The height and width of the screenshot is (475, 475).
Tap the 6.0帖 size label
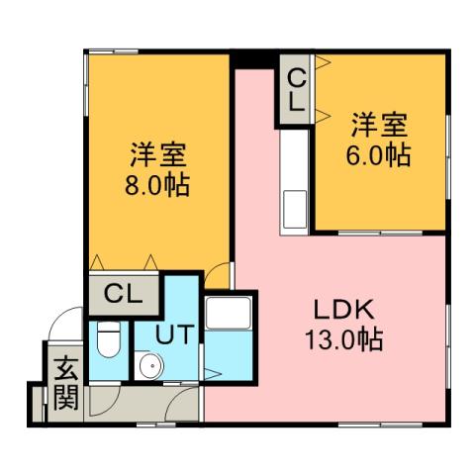point(379,155)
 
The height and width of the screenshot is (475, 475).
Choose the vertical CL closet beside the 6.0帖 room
point(296,87)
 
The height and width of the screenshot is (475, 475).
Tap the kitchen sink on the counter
point(295,210)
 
